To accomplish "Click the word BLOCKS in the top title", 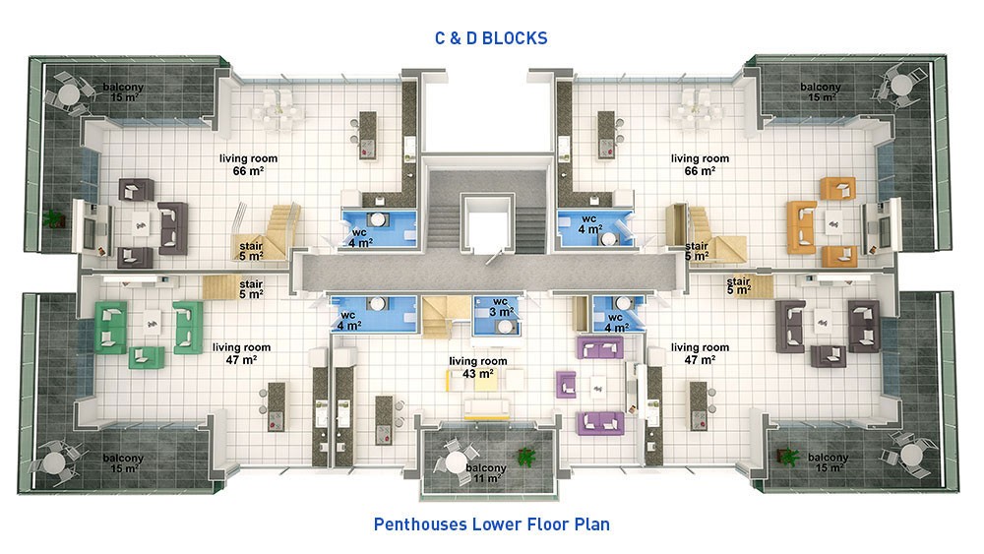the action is pyautogui.click(x=515, y=38).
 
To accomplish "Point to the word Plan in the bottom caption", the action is pyautogui.click(x=591, y=523).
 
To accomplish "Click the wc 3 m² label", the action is pyautogui.click(x=501, y=307).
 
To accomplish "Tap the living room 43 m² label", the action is pyautogui.click(x=477, y=368).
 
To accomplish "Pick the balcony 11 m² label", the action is pyautogui.click(x=486, y=473).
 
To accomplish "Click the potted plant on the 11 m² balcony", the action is pyautogui.click(x=525, y=457).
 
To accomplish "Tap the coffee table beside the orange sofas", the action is pyautogui.click(x=834, y=222).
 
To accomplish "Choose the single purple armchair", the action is pyautogui.click(x=566, y=385).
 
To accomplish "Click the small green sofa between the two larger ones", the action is pyautogui.click(x=147, y=357).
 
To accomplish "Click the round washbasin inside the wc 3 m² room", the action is pyautogui.click(x=505, y=327).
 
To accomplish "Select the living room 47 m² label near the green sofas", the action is pyautogui.click(x=242, y=353).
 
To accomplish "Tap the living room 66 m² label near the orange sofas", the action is pyautogui.click(x=700, y=164).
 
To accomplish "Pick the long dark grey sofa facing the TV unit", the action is pyautogui.click(x=172, y=227).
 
